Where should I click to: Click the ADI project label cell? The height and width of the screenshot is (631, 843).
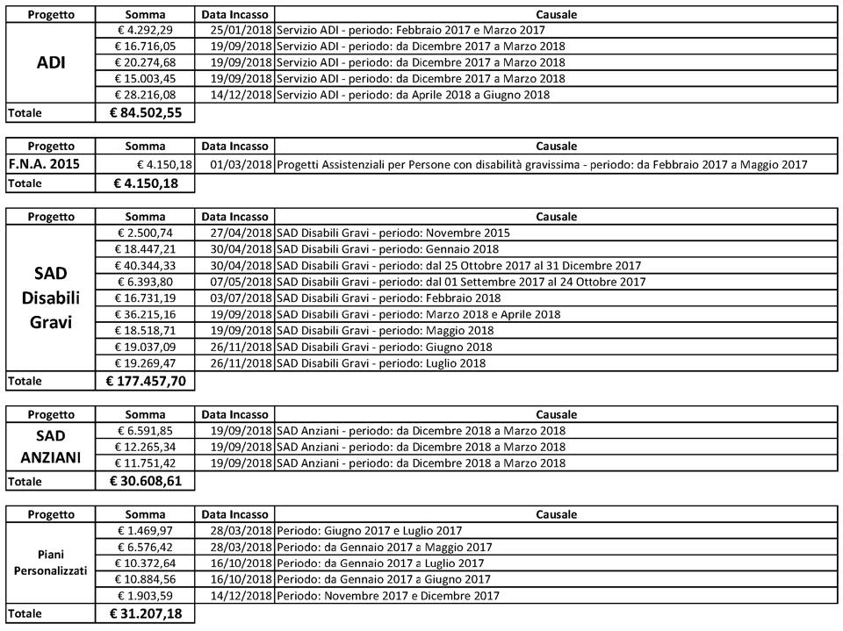[x=51, y=62]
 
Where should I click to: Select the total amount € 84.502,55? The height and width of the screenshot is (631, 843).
[x=145, y=112]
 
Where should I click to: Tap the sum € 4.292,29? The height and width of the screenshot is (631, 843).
[x=146, y=30]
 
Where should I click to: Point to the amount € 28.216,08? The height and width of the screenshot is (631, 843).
[x=146, y=95]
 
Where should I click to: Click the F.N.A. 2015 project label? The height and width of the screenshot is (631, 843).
[x=44, y=164]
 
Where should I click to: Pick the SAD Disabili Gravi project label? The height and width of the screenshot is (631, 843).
[x=51, y=297]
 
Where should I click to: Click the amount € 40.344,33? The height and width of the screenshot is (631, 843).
[x=146, y=265]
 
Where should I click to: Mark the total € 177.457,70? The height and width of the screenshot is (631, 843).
[x=145, y=381]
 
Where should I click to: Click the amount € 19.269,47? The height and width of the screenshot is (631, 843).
[x=146, y=363]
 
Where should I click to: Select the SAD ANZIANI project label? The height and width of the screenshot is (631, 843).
[x=51, y=447]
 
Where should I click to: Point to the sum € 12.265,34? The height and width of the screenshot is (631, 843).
[x=146, y=447]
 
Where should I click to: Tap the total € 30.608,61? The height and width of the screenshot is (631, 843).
[x=145, y=481]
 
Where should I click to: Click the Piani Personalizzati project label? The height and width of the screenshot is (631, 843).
[x=51, y=563]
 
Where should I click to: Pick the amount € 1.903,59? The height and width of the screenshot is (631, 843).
[x=146, y=596]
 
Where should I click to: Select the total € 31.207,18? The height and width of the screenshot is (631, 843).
[x=145, y=613]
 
